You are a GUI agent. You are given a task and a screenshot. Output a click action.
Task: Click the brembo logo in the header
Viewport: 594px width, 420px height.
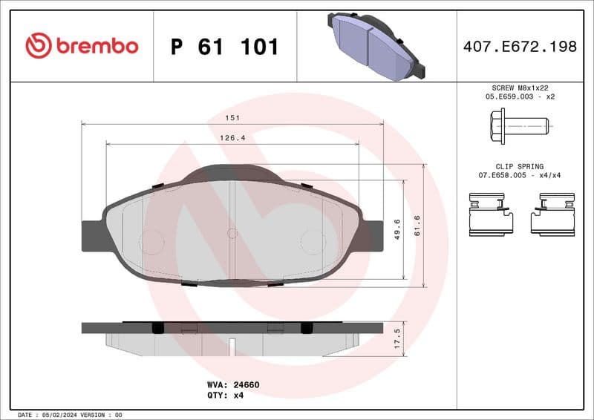(82, 46)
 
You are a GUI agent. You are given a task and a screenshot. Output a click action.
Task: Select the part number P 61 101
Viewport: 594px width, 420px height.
(224, 47)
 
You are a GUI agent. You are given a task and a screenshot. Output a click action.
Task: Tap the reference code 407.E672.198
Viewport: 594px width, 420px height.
(519, 47)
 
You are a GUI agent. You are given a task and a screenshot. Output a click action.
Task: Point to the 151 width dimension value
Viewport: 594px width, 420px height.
(233, 117)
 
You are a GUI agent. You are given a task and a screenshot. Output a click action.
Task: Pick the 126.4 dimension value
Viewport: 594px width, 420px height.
(233, 137)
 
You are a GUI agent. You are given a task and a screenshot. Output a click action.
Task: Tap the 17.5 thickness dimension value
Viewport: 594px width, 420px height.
(397, 338)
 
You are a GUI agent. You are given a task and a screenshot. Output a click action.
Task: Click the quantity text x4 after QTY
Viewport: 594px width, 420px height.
(238, 396)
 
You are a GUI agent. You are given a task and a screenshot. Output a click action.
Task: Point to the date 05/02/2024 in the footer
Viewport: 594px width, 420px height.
(57, 415)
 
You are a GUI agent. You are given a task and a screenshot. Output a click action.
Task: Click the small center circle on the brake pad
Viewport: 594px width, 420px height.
(232, 233)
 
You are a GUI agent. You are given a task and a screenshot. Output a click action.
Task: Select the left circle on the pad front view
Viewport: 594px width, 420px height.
(152, 241)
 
